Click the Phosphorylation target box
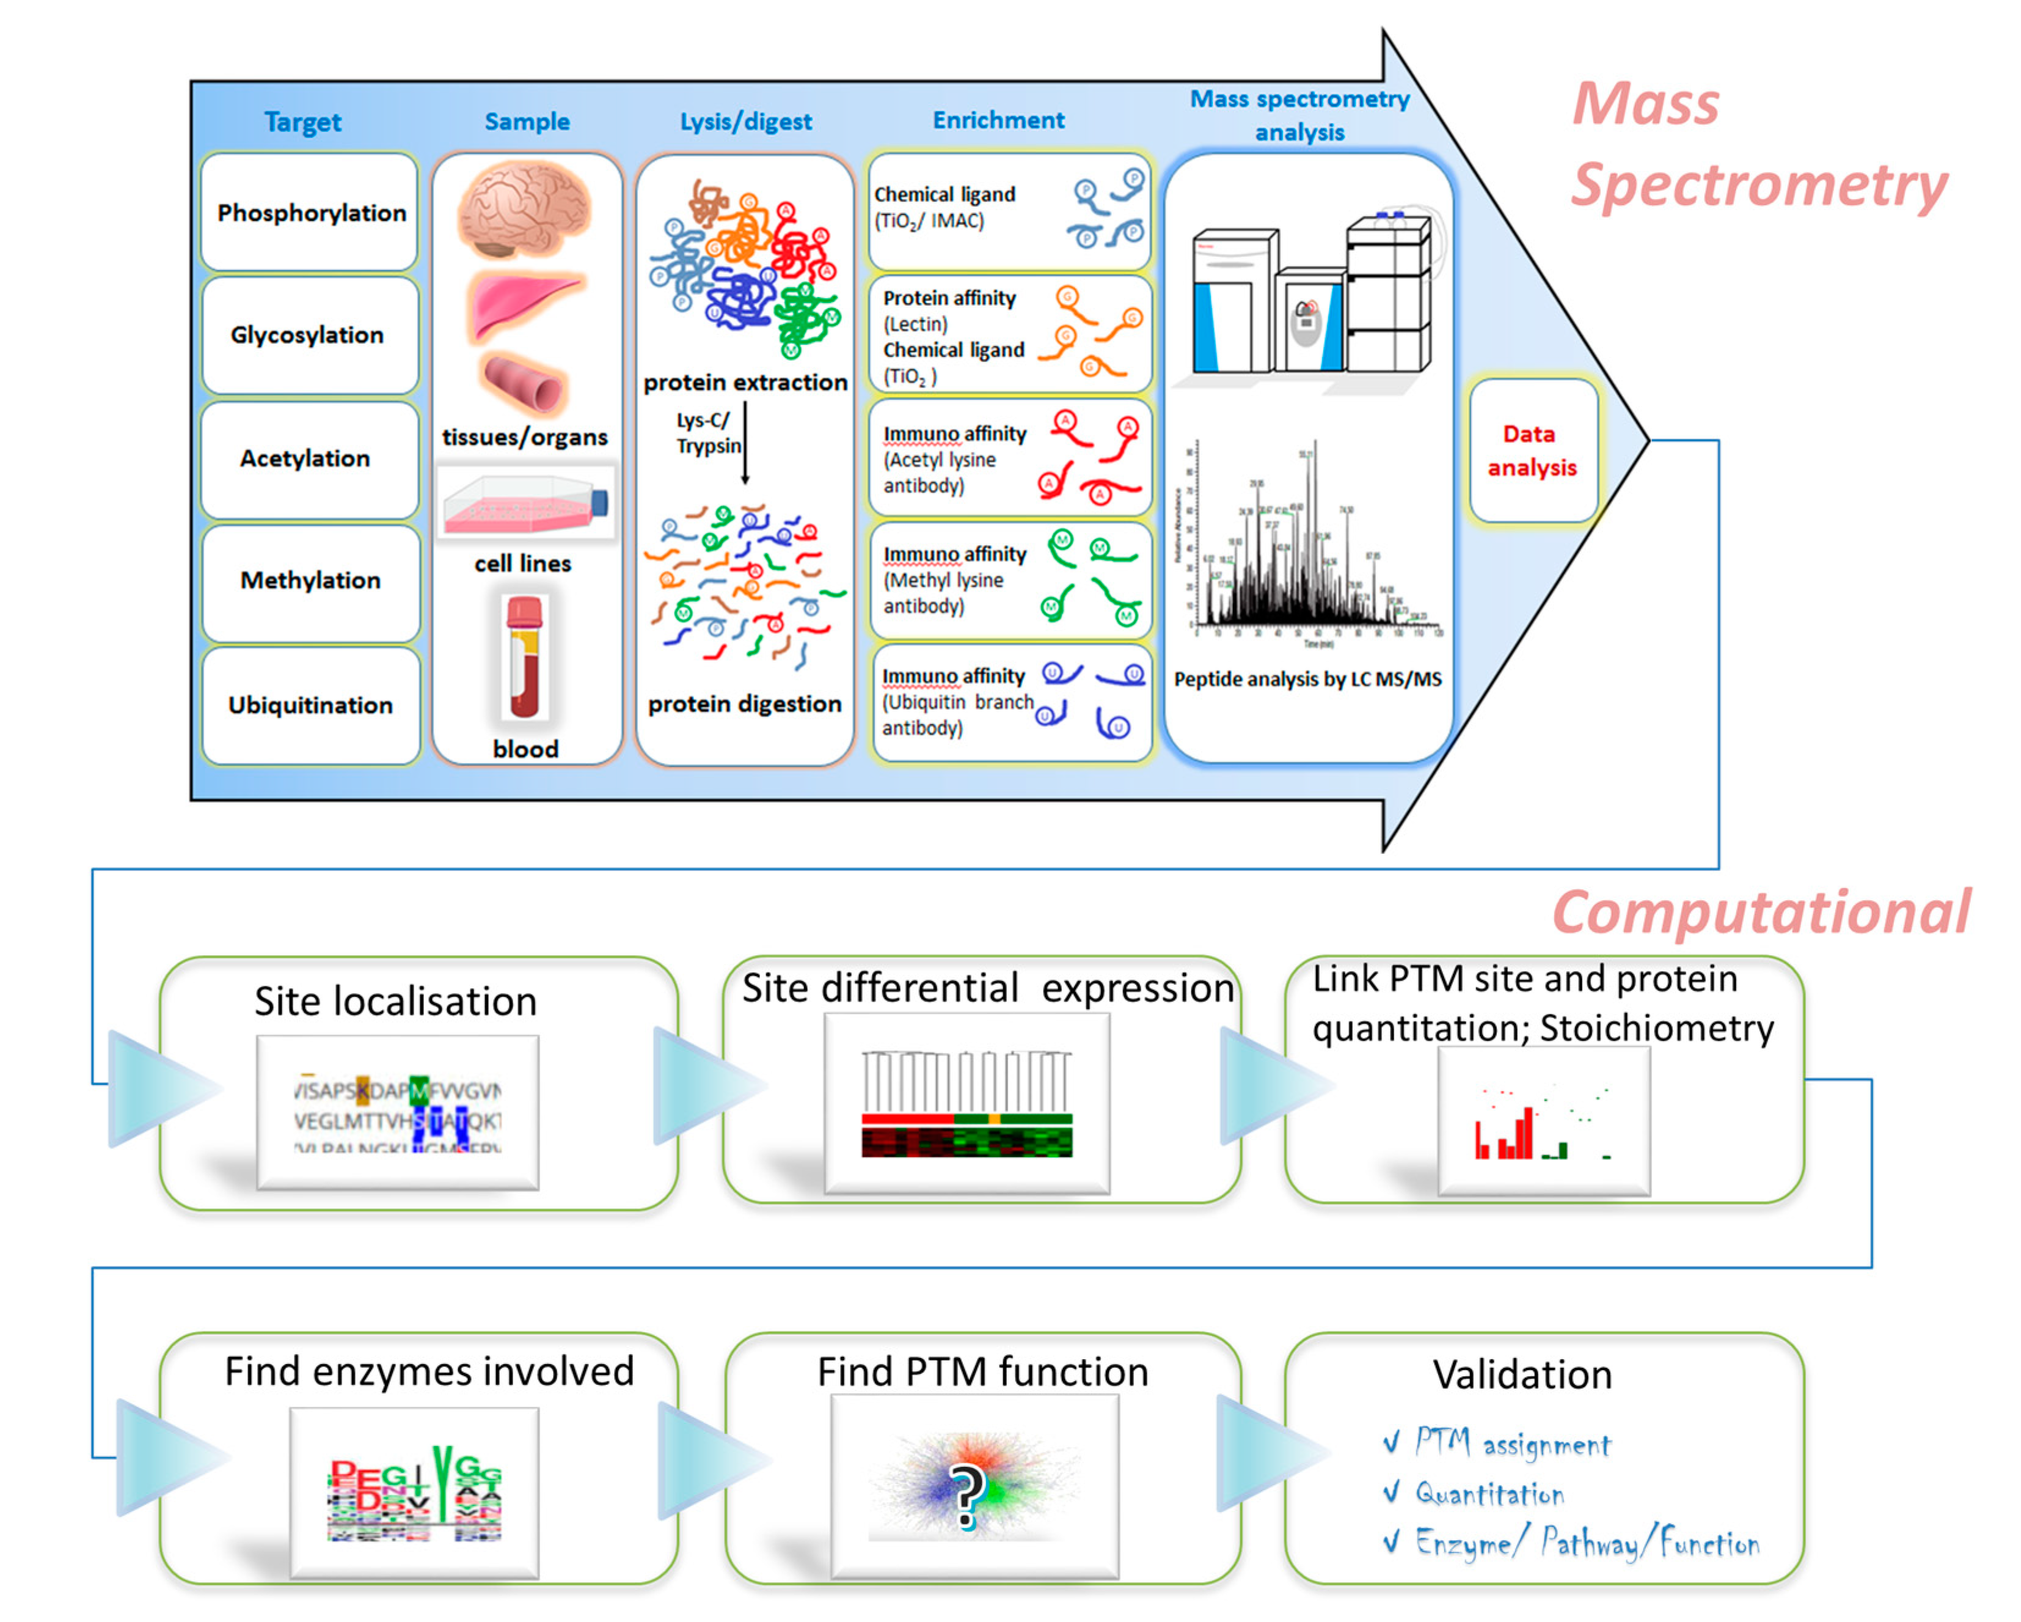coord(310,213)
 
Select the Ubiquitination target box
coord(310,705)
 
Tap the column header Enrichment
coord(998,120)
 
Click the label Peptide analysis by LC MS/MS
coord(1307,679)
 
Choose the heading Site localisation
coord(395,1001)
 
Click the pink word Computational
coord(1760,911)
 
